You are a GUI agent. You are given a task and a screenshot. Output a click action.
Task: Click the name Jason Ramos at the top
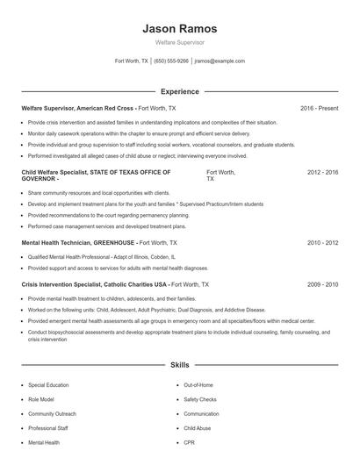click(x=180, y=28)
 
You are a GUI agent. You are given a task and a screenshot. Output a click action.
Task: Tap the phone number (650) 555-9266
click(x=171, y=61)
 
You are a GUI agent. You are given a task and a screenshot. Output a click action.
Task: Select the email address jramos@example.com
click(x=220, y=61)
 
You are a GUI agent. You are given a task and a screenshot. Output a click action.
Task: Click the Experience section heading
click(x=180, y=91)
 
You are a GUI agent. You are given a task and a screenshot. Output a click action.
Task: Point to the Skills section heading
click(x=180, y=363)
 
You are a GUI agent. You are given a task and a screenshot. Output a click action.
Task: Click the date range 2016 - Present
click(x=319, y=108)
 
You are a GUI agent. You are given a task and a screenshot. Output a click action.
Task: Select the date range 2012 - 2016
click(x=322, y=173)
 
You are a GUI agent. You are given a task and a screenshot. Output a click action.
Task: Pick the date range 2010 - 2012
click(x=322, y=241)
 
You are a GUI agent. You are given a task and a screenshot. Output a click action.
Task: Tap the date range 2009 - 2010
click(x=322, y=284)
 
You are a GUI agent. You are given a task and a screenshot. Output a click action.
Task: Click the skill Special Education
click(x=49, y=385)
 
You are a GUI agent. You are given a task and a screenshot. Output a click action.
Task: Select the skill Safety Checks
click(x=201, y=399)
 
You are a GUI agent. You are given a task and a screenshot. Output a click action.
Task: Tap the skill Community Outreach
click(x=53, y=413)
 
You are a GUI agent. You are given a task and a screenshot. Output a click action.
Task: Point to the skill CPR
click(x=189, y=442)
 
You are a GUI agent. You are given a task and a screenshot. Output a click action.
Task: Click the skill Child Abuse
click(x=198, y=428)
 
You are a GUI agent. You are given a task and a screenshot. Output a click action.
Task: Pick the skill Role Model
click(x=42, y=399)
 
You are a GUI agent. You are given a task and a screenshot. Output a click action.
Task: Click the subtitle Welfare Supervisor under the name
click(x=180, y=42)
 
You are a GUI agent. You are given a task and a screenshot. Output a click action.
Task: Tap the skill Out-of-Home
click(x=199, y=385)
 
